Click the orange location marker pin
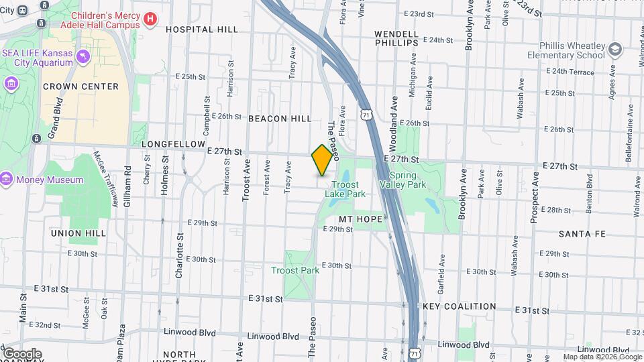coord(322,160)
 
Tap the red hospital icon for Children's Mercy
coord(151,19)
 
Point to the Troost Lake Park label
coord(345,189)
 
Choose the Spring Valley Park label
coord(403,179)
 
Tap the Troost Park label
coord(295,270)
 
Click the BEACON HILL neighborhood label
coord(280,119)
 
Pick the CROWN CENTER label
coord(80,86)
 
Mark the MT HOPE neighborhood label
coord(360,219)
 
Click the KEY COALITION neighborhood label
coord(460,306)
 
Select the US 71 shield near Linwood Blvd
coord(415,353)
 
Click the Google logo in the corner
coord(21,353)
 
